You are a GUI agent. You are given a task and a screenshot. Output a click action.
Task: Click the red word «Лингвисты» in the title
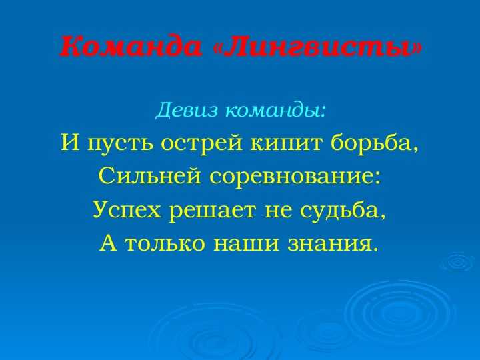(x=317, y=47)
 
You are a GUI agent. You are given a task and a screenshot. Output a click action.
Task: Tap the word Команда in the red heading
(x=131, y=47)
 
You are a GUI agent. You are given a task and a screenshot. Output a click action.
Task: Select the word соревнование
(x=295, y=177)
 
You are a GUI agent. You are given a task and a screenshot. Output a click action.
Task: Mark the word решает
(x=212, y=210)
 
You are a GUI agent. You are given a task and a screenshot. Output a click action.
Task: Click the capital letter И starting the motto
(x=71, y=143)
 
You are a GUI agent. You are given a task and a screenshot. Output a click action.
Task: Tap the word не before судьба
(x=277, y=211)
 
